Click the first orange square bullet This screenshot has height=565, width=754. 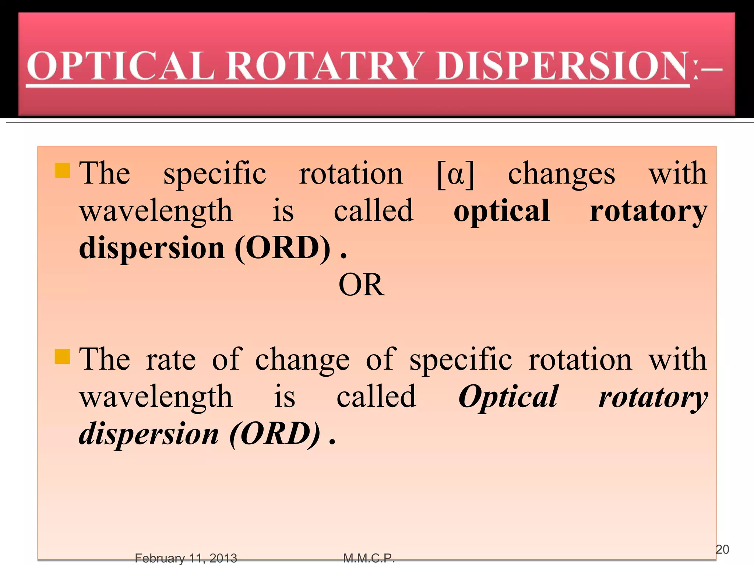click(x=62, y=170)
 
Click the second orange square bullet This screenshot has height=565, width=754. click(x=62, y=356)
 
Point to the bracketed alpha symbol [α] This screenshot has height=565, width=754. click(x=455, y=174)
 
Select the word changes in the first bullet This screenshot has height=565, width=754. click(x=561, y=174)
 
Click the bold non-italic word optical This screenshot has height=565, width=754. click(x=501, y=211)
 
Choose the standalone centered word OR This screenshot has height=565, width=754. click(x=362, y=285)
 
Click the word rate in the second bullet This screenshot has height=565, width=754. click(x=171, y=360)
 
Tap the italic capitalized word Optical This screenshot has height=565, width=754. click(x=508, y=397)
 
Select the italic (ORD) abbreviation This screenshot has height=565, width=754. click(x=275, y=434)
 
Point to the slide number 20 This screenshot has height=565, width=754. click(x=722, y=549)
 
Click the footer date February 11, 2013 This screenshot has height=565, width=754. click(x=186, y=558)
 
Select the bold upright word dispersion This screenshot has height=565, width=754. click(x=152, y=249)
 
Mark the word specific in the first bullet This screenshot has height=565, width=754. click(x=215, y=174)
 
